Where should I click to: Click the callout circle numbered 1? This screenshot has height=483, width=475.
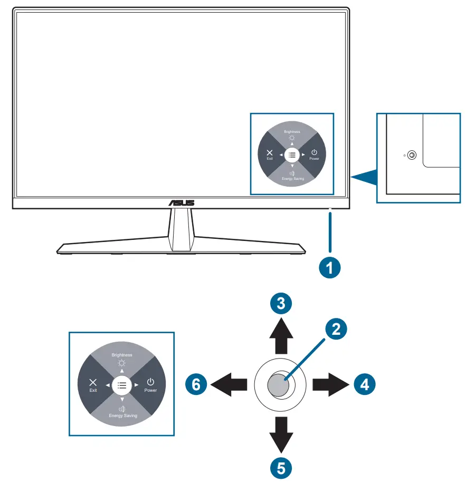click(x=330, y=267)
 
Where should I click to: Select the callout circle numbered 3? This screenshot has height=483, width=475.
click(x=281, y=303)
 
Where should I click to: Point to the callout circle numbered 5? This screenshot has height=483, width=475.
click(x=281, y=466)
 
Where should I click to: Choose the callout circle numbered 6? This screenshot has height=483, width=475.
click(x=196, y=384)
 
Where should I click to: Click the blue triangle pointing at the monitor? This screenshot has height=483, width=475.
click(x=364, y=178)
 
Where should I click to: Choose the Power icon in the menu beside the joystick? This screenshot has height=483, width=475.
click(x=151, y=382)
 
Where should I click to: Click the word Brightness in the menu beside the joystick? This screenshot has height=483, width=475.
click(x=122, y=355)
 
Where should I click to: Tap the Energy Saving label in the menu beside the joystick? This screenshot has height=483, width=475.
click(x=122, y=416)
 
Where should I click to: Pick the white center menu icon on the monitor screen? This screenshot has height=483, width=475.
click(x=292, y=154)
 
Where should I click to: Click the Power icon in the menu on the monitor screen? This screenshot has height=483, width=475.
click(x=314, y=152)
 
